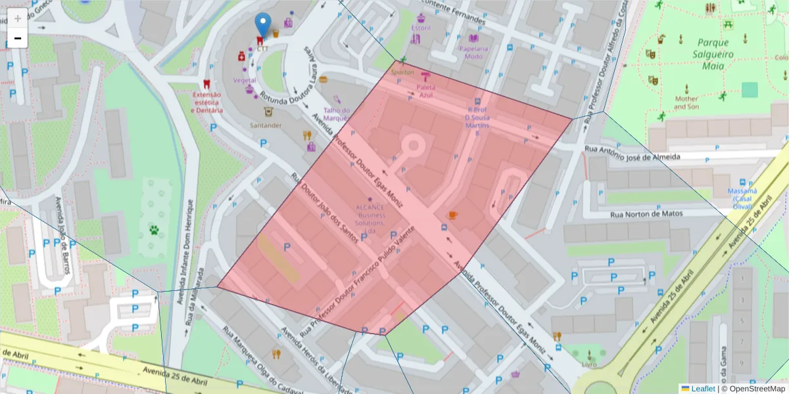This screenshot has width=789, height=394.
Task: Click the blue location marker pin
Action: [263, 25]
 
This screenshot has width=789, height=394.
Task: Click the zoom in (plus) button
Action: [18, 18]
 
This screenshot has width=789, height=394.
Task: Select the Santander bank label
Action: [266, 125]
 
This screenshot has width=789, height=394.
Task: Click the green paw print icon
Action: [154, 230]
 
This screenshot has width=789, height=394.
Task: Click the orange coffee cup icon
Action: [452, 215]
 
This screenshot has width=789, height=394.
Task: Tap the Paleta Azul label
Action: [425, 91]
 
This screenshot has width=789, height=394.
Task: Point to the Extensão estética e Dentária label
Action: [206, 102]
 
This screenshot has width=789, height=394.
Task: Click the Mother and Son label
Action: [686, 102]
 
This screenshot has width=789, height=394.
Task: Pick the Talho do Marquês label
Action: [336, 114]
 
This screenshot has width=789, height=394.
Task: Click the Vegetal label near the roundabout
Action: [244, 80]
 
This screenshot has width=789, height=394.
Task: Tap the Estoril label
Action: [420, 28]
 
